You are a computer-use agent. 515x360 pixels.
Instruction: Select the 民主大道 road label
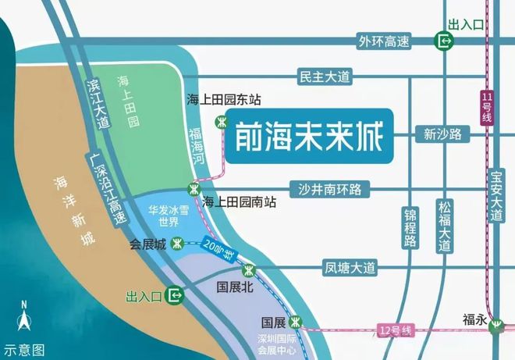(325, 77)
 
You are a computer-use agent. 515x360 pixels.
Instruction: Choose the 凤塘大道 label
(350, 268)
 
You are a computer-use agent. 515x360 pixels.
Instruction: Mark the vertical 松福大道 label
(445, 226)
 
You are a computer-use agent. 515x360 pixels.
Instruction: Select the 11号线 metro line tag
(487, 107)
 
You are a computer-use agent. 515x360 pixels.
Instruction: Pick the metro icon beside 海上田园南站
(193, 188)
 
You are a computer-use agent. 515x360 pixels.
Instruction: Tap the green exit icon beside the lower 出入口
(176, 295)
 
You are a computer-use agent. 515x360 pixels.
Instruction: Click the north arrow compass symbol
(25, 319)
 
